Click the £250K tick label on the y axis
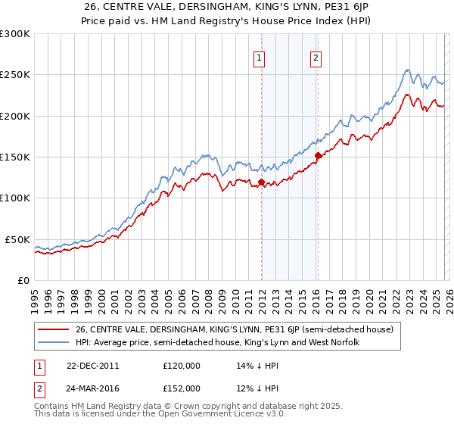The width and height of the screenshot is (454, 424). point(15,75)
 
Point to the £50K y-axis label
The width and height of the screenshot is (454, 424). point(17,239)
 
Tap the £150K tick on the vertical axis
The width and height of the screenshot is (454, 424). point(15,157)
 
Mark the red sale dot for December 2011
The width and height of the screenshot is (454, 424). point(261,182)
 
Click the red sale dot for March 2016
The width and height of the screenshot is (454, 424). point(318,156)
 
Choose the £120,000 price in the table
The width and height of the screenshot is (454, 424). point(181,365)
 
